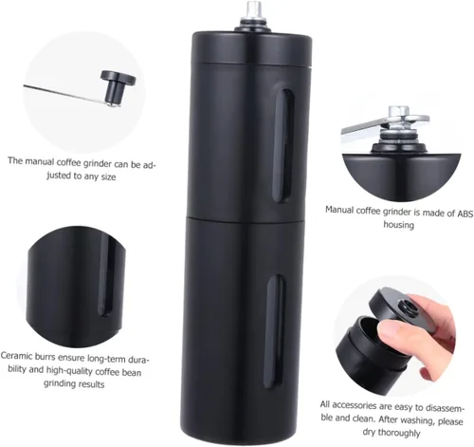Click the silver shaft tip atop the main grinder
click(255, 9)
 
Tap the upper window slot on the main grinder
click(283, 145)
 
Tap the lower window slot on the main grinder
click(275, 329)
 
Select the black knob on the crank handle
click(117, 86)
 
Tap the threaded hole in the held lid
click(408, 307)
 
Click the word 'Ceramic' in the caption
click(17, 356)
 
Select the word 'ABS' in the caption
click(465, 214)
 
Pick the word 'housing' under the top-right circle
click(398, 225)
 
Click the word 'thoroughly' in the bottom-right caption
click(399, 432)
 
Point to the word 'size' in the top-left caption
click(108, 177)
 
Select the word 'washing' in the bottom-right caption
click(417, 420)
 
